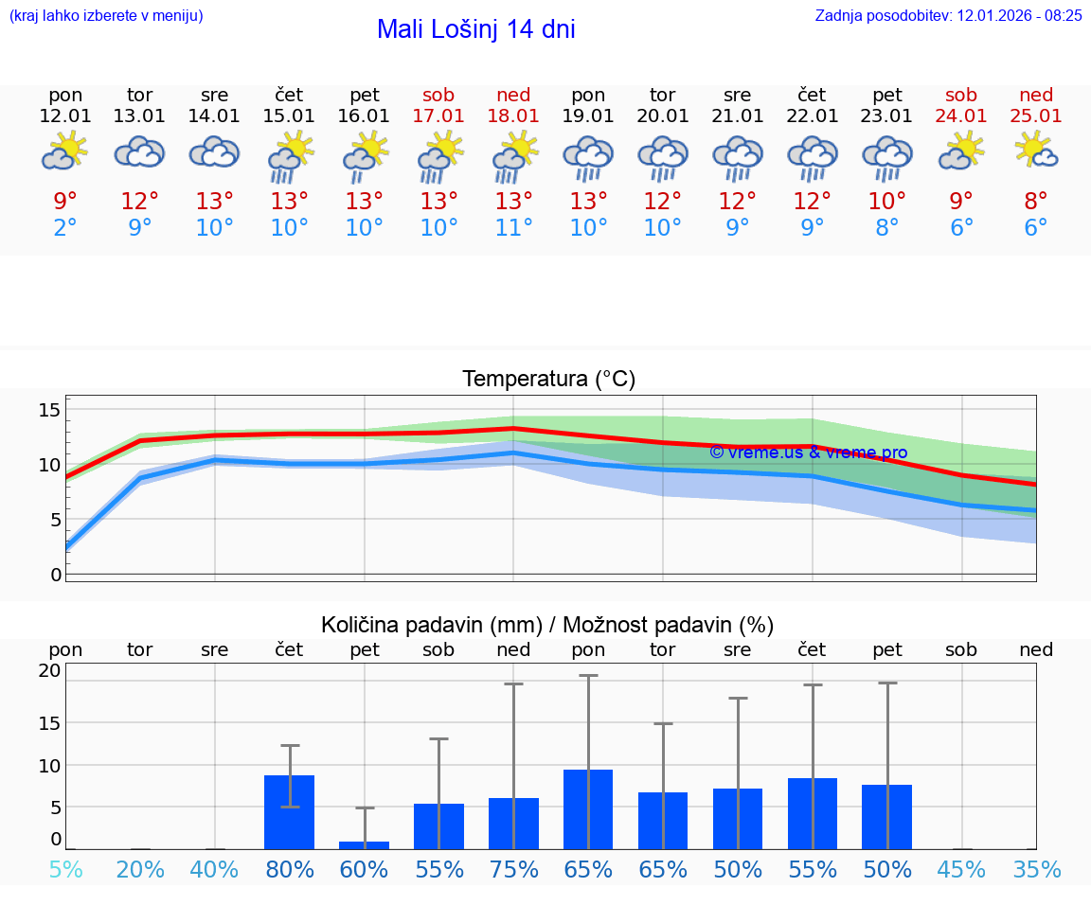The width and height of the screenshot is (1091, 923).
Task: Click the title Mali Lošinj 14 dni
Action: pyautogui.click(x=475, y=29)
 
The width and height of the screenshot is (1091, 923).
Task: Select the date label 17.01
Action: pyautogui.click(x=438, y=116)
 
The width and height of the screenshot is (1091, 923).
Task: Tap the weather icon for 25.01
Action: pyautogui.click(x=1036, y=151)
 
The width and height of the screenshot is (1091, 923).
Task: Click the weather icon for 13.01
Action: pyautogui.click(x=139, y=151)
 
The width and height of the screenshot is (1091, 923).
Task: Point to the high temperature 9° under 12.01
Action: pyautogui.click(x=65, y=202)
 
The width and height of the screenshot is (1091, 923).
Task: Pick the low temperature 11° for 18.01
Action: pyautogui.click(x=513, y=228)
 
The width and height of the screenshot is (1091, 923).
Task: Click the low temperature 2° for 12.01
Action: pyautogui.click(x=65, y=228)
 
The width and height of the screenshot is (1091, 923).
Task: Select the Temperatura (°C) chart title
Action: pyautogui.click(x=548, y=380)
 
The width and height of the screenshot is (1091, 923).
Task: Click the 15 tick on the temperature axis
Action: pyautogui.click(x=49, y=410)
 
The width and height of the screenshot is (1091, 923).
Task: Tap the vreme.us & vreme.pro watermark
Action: pyautogui.click(x=808, y=453)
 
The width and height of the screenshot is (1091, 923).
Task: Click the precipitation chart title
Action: pyautogui.click(x=547, y=625)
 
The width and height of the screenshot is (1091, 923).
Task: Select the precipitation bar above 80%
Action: pyautogui.click(x=289, y=812)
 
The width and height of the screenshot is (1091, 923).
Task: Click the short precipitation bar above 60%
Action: pyautogui.click(x=364, y=844)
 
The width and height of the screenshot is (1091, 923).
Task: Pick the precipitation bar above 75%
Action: pyautogui.click(x=513, y=824)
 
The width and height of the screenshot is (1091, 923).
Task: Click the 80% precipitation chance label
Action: pyautogui.click(x=289, y=870)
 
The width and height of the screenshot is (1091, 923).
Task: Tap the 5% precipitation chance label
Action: pyautogui.click(x=65, y=870)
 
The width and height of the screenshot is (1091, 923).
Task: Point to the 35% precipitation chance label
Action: pyautogui.click(x=1036, y=870)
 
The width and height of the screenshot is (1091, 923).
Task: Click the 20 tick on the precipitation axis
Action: pyautogui.click(x=49, y=671)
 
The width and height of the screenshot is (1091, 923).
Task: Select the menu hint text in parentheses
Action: pyautogui.click(x=106, y=15)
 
